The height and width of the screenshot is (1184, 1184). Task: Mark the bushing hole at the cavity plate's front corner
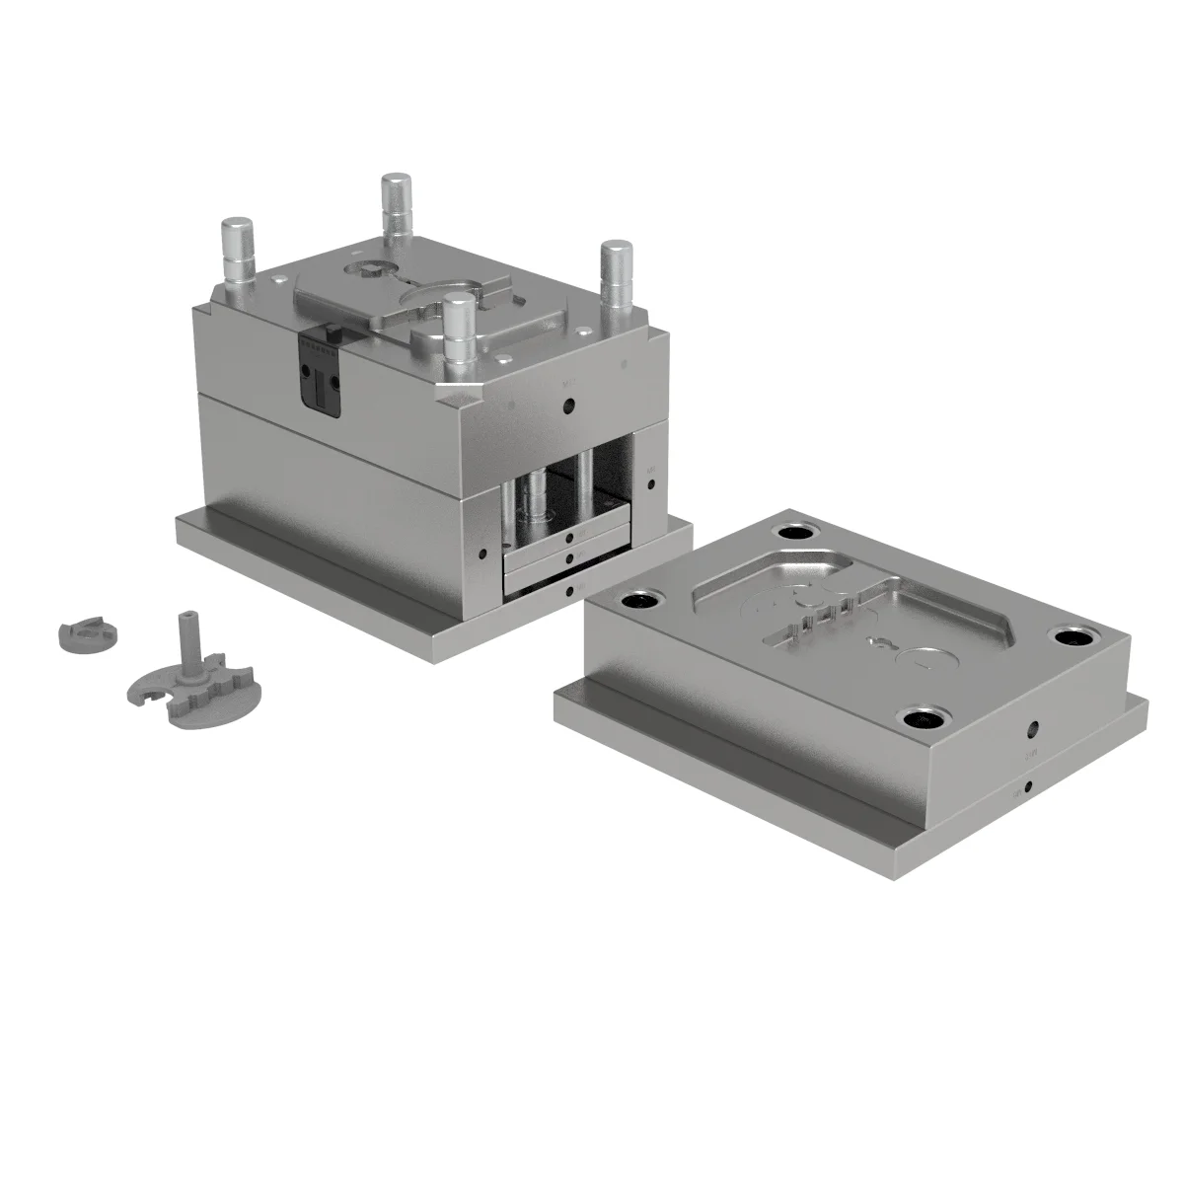(x=925, y=717)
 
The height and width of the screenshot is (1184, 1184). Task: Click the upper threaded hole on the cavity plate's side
(x=1033, y=731)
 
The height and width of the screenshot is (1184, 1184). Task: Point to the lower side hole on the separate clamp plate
(x=1029, y=787)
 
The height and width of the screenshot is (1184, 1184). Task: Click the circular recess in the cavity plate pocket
(x=925, y=659)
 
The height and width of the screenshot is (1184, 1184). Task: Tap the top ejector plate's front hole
(x=572, y=538)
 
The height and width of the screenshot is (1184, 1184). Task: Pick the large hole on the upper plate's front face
(x=568, y=406)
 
